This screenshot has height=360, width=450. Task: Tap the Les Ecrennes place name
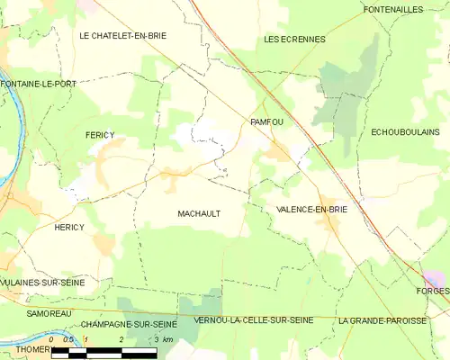pyautogui.click(x=295, y=40)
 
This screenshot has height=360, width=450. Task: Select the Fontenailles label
pyautogui.click(x=394, y=9)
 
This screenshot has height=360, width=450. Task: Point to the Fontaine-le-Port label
pyautogui.click(x=39, y=84)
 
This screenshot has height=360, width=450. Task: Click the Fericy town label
pyautogui.click(x=100, y=134)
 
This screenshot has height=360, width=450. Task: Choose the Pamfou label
pyautogui.click(x=262, y=121)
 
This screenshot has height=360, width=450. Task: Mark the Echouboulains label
pyautogui.click(x=405, y=131)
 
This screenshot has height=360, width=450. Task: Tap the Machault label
pyautogui.click(x=199, y=213)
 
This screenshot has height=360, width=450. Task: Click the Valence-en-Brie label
pyautogui.click(x=312, y=209)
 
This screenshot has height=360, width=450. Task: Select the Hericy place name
pyautogui.click(x=68, y=228)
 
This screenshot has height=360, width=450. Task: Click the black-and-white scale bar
pyautogui.click(x=103, y=352)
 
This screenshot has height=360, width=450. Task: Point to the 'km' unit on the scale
pyautogui.click(x=166, y=340)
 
